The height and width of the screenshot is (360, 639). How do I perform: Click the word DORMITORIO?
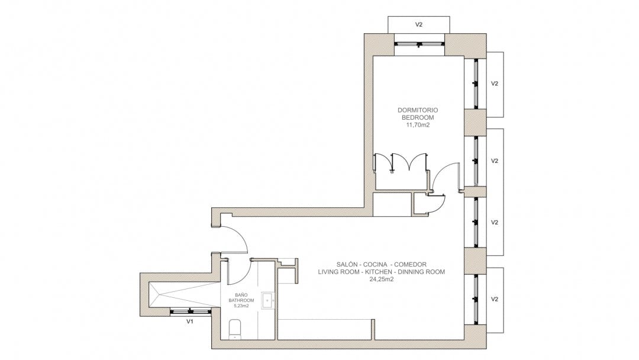click(x=418, y=110)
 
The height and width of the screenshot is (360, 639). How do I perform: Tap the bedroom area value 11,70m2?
click(x=418, y=125)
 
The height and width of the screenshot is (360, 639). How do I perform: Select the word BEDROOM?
click(x=418, y=118)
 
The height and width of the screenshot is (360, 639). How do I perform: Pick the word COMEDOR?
click(x=411, y=264)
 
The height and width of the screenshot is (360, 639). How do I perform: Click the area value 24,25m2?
click(x=382, y=279)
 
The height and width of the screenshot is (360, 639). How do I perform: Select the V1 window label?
click(x=189, y=322)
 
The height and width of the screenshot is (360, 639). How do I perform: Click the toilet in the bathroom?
click(x=235, y=329)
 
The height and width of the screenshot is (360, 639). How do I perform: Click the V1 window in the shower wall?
click(x=190, y=312)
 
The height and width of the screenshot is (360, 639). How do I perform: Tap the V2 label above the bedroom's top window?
click(x=418, y=24)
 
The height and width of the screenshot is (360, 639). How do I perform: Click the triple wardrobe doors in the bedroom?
click(x=401, y=163)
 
